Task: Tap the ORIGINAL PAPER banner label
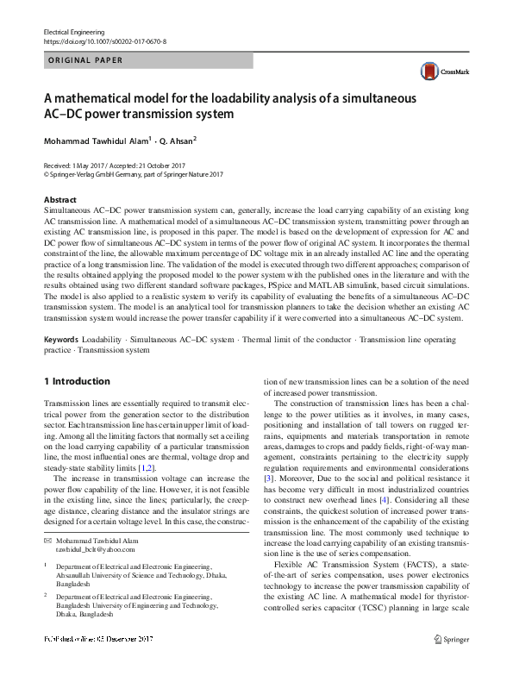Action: (x=84, y=60)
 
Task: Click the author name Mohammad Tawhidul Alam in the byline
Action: (x=97, y=141)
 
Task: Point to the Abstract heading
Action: (x=59, y=199)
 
